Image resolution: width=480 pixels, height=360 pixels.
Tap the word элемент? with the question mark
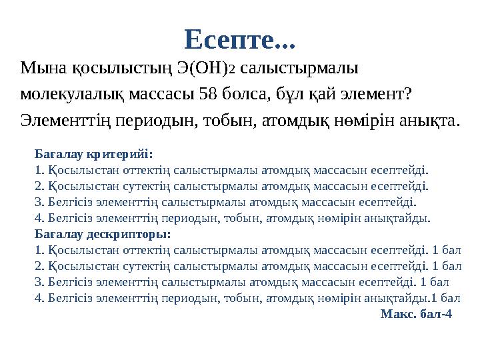[374, 95]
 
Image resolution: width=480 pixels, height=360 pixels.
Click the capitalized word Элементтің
[71, 121]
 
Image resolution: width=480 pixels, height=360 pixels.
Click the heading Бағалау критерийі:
[94, 153]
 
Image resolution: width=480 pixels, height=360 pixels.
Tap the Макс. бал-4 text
[416, 314]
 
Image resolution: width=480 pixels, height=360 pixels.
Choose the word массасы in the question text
[162, 95]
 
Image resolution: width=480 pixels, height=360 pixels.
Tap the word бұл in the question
[283, 95]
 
